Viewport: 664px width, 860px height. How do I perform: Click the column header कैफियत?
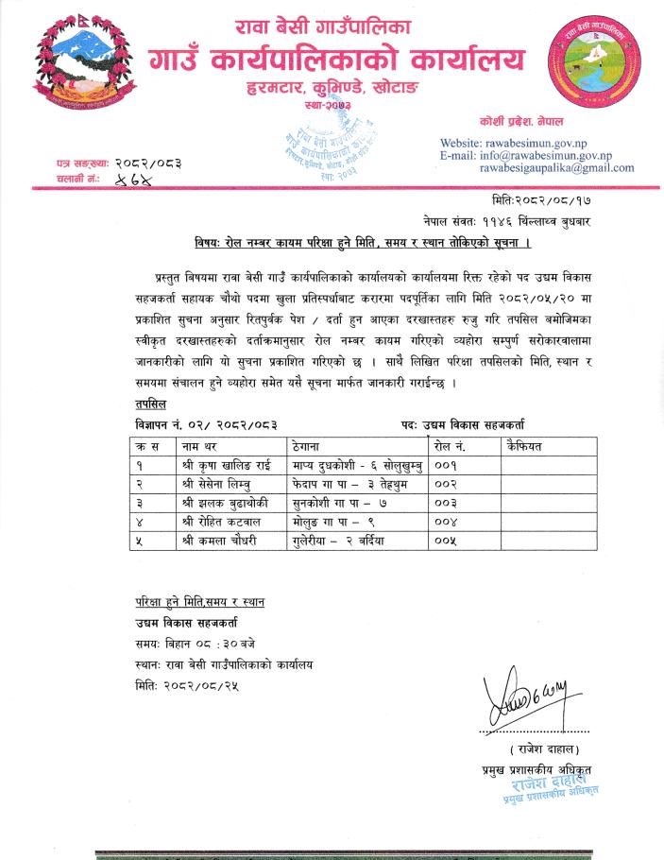click(524, 444)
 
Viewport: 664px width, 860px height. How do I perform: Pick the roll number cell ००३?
click(444, 502)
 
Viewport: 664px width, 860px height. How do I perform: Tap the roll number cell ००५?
click(444, 539)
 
